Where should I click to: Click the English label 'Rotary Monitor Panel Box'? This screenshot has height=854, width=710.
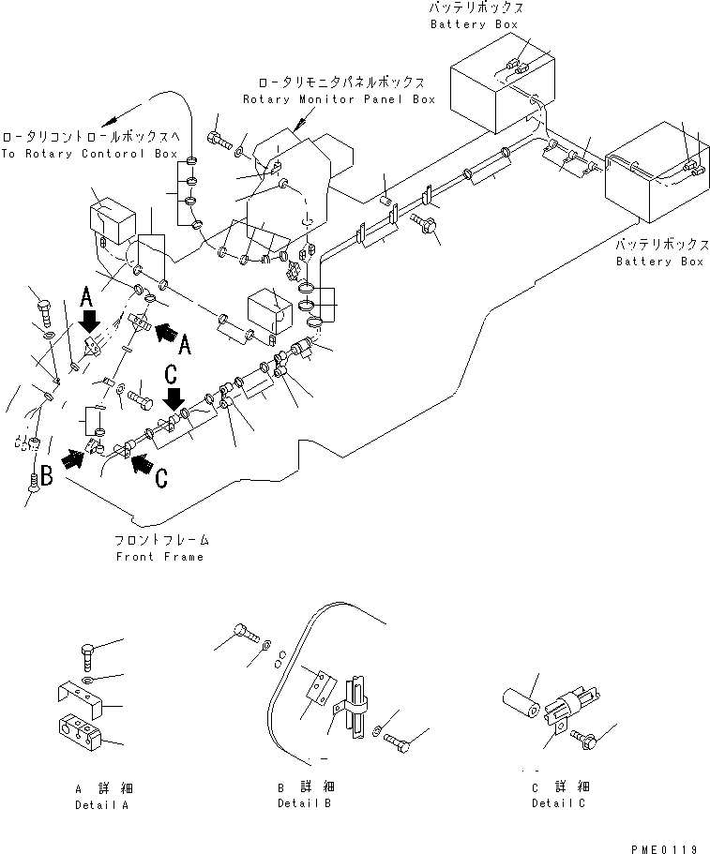coord(339,98)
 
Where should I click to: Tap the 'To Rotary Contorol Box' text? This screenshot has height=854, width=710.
coord(89,153)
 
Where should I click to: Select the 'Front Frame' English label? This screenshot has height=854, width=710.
coord(159,556)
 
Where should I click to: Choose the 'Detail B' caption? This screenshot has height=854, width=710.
coord(305,803)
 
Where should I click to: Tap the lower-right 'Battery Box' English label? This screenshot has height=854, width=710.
coord(659,262)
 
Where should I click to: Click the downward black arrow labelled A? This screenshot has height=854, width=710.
coord(90,322)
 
